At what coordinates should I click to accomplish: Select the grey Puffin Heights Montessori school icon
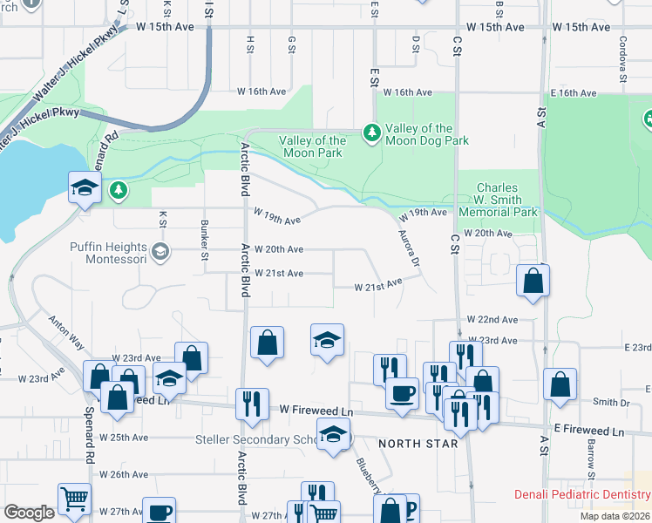pyautogui.click(x=160, y=253)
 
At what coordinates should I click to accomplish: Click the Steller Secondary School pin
pyautogui.click(x=331, y=435)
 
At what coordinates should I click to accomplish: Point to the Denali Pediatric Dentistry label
pyautogui.click(x=581, y=494)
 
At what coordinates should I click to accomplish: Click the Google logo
pyautogui.click(x=29, y=513)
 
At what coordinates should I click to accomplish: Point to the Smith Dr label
pyautogui.click(x=611, y=403)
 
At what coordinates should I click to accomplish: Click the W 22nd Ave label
pyautogui.click(x=492, y=320)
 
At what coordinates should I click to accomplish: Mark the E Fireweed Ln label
pyautogui.click(x=589, y=431)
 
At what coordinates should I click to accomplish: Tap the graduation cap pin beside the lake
pyautogui.click(x=85, y=188)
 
